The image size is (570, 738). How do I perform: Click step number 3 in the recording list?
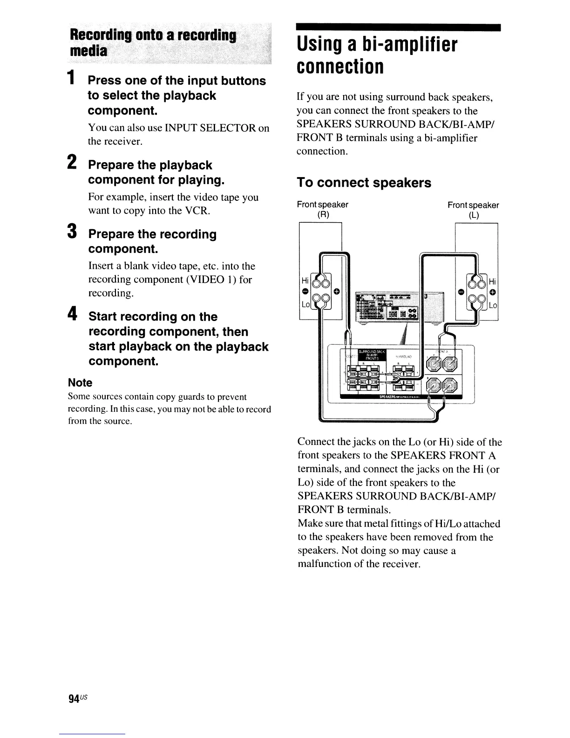click(x=72, y=232)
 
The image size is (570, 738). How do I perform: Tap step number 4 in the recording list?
click(x=72, y=314)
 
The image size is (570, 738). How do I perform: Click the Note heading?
click(x=80, y=383)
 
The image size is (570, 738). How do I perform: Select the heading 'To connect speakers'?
click(x=364, y=183)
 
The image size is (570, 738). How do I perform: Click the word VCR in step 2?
click(x=197, y=211)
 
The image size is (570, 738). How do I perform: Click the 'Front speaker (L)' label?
click(x=473, y=210)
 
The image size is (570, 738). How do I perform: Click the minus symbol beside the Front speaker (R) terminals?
click(x=305, y=292)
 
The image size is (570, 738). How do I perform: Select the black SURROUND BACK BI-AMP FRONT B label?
click(x=371, y=355)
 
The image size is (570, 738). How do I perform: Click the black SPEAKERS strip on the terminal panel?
click(x=400, y=397)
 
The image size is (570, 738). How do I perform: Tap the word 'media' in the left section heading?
click(x=88, y=50)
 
